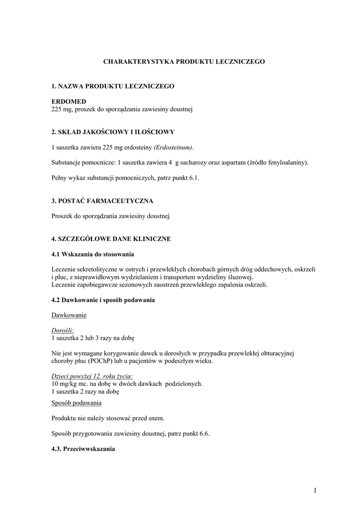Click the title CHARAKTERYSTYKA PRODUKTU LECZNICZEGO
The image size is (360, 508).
(x=184, y=62)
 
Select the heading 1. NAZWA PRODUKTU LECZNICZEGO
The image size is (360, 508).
(x=113, y=86)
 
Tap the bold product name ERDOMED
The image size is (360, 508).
(x=69, y=101)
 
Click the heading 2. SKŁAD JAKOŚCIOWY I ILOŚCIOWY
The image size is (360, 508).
(x=113, y=132)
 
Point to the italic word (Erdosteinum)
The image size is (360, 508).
(x=174, y=147)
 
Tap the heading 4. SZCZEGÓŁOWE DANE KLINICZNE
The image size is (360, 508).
(x=111, y=239)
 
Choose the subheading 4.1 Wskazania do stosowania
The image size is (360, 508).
(x=93, y=254)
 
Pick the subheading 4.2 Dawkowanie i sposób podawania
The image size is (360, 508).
(x=103, y=300)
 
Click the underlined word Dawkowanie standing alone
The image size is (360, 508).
(x=69, y=315)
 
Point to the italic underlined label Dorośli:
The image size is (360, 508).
(x=63, y=330)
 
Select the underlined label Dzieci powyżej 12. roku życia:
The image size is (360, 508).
(x=92, y=376)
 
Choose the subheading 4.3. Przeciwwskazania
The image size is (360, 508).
(x=83, y=448)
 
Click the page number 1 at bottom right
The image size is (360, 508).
(x=315, y=491)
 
